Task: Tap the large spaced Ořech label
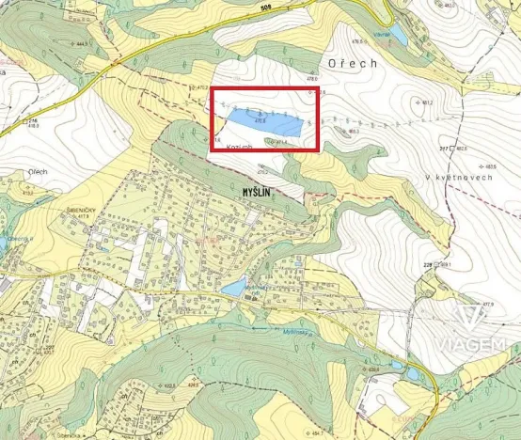(353, 63)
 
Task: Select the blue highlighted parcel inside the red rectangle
(267, 121)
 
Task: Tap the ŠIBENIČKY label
(80, 209)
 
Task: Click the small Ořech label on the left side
(39, 172)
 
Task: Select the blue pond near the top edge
(399, 36)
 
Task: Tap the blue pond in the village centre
(233, 289)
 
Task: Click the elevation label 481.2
(426, 102)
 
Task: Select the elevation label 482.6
(460, 149)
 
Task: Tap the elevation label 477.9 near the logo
(487, 305)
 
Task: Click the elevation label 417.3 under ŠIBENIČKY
(83, 217)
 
